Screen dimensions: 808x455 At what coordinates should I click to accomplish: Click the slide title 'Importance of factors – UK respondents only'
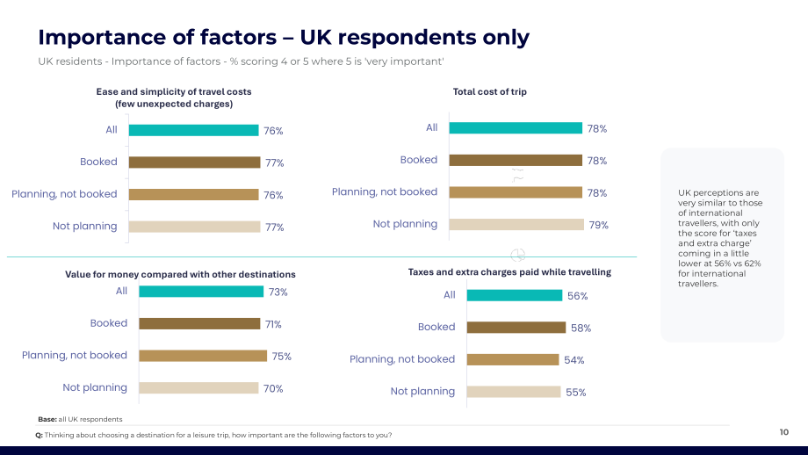coord(284,38)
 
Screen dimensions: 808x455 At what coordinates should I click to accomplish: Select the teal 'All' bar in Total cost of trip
coord(516,128)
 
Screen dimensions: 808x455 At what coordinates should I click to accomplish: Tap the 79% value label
coord(599,225)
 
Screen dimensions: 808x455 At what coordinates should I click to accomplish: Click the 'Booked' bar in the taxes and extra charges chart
coord(516,328)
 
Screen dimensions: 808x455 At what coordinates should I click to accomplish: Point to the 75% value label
coord(281,357)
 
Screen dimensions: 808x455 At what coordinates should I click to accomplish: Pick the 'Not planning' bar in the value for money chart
coord(198,388)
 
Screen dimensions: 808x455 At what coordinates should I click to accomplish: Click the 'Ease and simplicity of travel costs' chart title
coord(174,97)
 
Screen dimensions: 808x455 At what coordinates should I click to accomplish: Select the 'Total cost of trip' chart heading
coord(489,91)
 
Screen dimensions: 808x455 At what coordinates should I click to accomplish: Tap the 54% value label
coord(574,360)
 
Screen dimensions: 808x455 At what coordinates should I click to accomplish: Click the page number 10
coord(783,432)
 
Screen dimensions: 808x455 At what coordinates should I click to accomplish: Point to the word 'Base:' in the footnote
coord(47,420)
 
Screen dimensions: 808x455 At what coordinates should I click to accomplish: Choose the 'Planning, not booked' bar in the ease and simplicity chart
coord(194,195)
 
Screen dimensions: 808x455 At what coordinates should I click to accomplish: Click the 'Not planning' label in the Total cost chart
coord(405,224)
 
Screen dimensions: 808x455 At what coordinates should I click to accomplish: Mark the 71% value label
coord(273,325)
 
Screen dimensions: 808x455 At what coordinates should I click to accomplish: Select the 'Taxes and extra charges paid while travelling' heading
coord(509,272)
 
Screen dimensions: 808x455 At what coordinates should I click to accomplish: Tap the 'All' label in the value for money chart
coord(121,291)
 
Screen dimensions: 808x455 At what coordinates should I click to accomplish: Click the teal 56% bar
coord(515,295)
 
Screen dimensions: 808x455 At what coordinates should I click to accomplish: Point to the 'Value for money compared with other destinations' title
coord(180,275)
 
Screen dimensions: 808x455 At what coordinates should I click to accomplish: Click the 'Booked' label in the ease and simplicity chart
coord(98,162)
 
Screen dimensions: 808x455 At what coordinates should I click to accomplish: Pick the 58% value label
coord(581,329)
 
